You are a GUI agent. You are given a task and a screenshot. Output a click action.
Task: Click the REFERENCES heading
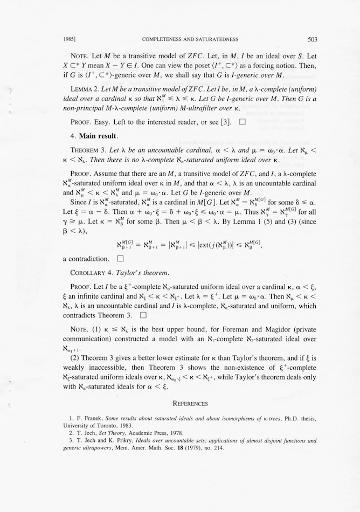tap(190, 403)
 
